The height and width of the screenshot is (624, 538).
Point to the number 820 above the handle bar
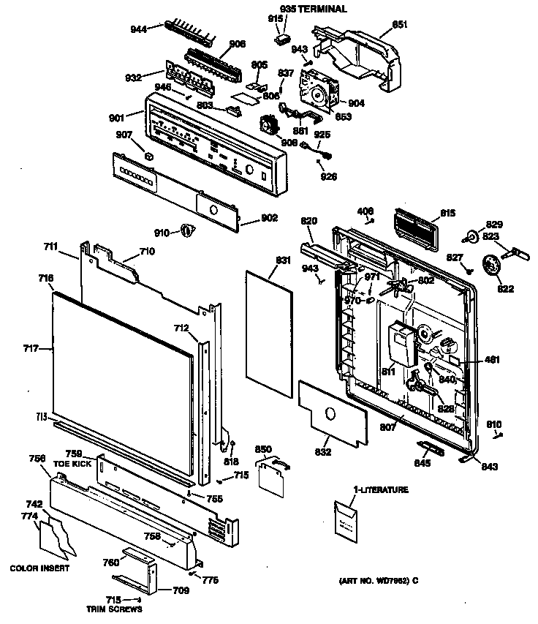point(310,221)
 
